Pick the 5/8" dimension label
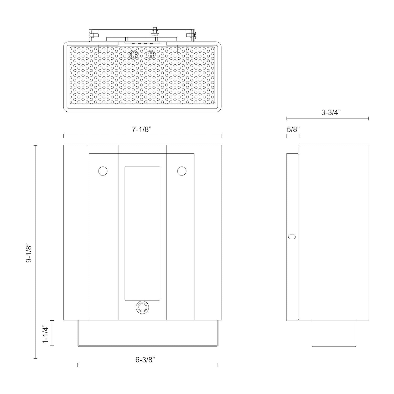click(x=293, y=129)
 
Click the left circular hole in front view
click(x=103, y=171)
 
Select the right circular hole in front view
click(x=182, y=171)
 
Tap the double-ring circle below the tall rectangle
click(x=142, y=307)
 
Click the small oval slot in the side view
click(x=292, y=237)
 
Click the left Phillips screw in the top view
click(x=134, y=55)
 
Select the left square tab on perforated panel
click(x=103, y=50)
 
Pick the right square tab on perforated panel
click(x=182, y=50)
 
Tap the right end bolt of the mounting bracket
click(x=191, y=35)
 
